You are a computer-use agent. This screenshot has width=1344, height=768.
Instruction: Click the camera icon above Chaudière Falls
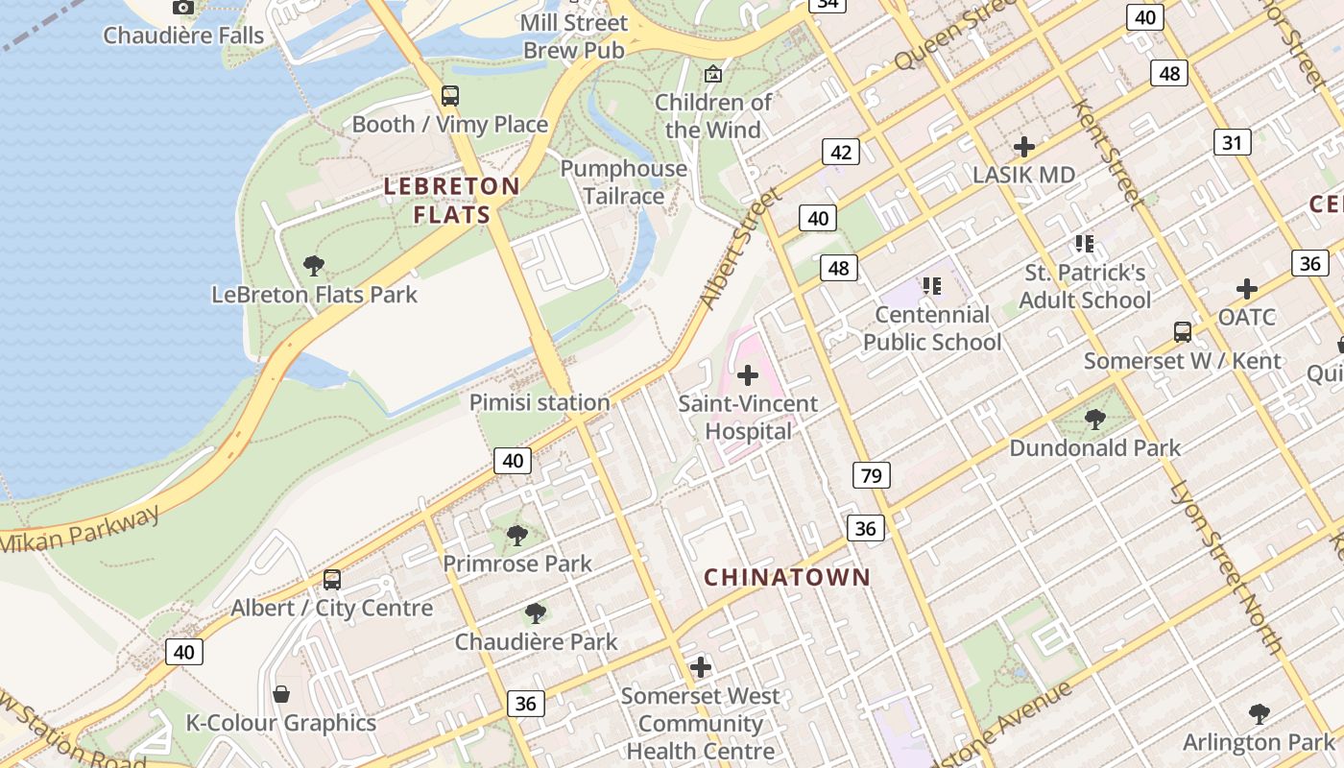click(182, 8)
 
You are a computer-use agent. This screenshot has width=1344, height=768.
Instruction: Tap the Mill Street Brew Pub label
click(574, 36)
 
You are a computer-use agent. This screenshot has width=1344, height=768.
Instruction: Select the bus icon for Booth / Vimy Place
click(449, 96)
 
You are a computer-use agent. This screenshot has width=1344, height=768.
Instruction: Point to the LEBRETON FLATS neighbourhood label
click(452, 200)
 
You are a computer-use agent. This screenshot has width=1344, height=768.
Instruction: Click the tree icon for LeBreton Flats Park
click(313, 266)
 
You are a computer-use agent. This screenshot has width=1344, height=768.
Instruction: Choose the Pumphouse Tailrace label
click(624, 182)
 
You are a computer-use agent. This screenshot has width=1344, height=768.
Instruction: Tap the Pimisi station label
click(540, 402)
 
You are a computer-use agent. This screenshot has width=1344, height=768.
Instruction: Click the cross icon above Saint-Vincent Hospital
click(748, 375)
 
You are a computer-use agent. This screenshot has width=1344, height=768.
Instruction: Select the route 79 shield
click(871, 475)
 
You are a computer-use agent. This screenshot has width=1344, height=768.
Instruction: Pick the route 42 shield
click(841, 152)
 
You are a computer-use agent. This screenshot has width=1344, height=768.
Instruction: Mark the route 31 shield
click(1232, 143)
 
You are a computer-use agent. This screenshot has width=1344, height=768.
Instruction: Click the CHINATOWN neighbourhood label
click(787, 577)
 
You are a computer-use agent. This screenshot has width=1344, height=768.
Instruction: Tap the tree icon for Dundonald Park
click(1094, 420)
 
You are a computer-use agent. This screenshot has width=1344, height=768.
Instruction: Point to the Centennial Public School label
click(931, 328)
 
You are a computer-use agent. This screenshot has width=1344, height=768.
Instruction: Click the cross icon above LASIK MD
click(1023, 147)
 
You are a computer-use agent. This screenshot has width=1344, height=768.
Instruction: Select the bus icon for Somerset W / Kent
click(1183, 332)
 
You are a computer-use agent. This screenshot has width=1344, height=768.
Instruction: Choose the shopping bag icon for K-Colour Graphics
click(281, 693)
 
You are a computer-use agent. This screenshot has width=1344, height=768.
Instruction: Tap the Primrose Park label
click(517, 564)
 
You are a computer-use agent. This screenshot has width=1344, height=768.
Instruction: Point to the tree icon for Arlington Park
click(1259, 714)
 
